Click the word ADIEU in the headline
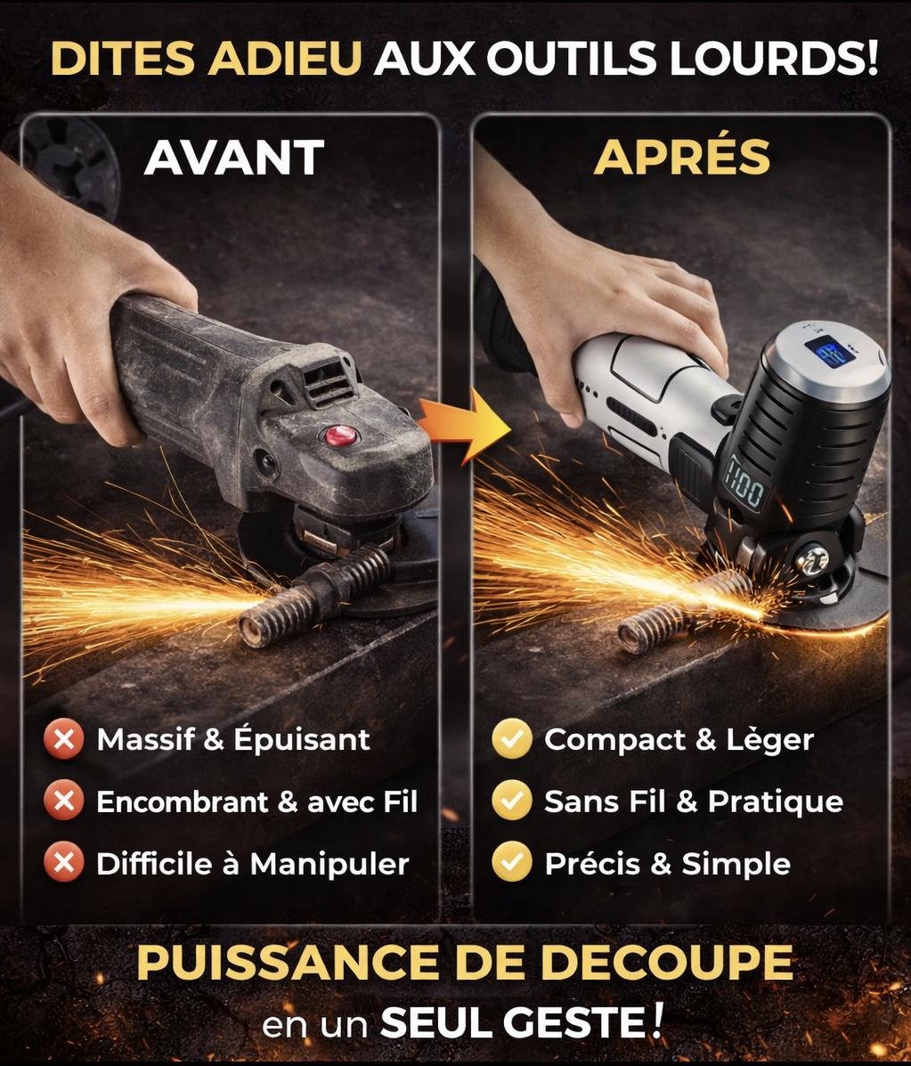(x=285, y=59)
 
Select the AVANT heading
(x=234, y=158)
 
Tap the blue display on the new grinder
(x=829, y=352)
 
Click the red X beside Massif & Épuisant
(x=64, y=739)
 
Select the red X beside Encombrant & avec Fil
(x=64, y=801)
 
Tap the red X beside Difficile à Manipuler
(x=64, y=863)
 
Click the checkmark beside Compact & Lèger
(x=512, y=739)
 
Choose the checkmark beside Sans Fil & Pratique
(x=512, y=801)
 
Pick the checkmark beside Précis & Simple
(x=512, y=863)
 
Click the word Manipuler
(x=329, y=865)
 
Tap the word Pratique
(x=776, y=802)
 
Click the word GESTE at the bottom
(x=579, y=1022)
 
